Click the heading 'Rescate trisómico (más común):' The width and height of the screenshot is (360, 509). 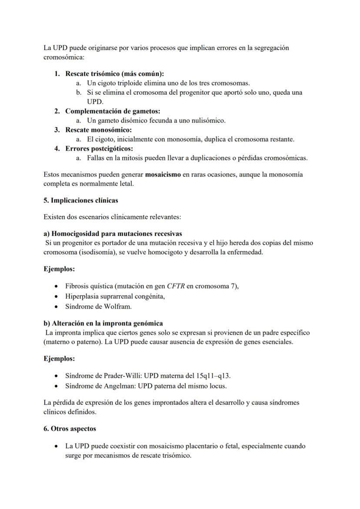pyautogui.click(x=114, y=74)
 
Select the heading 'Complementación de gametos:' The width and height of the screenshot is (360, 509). pyautogui.click(x=113, y=111)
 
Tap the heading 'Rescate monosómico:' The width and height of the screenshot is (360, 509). pyautogui.click(x=98, y=130)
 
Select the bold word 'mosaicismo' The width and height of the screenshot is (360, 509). pyautogui.click(x=163, y=175)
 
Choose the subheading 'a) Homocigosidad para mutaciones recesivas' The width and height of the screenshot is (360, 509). pyautogui.click(x=113, y=234)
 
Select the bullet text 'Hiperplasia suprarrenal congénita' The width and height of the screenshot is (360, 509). pyautogui.click(x=115, y=296)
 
